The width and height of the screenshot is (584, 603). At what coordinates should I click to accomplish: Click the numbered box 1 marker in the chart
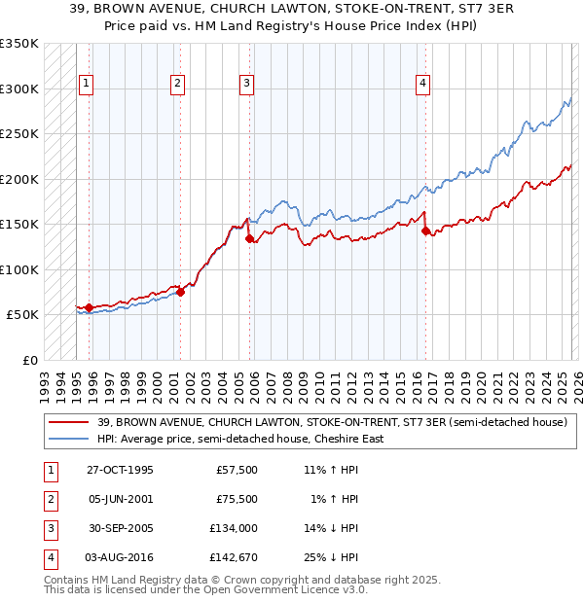pos(87,85)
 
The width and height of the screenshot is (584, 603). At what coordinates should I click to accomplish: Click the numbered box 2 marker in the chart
pos(178,85)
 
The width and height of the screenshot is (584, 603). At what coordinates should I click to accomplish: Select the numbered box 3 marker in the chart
pos(247,85)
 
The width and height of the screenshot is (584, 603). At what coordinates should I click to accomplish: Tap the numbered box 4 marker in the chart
pos(423,85)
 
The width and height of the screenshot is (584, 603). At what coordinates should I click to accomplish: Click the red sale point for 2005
pos(250,238)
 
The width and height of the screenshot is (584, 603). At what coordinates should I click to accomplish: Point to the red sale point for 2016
pos(425,231)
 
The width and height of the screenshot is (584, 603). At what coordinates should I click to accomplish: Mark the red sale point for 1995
pos(90,307)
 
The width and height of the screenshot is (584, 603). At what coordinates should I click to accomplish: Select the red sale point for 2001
pos(180,291)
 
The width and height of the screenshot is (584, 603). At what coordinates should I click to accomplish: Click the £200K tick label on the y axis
pos(19,179)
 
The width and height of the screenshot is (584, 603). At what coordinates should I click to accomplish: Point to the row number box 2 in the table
pos(50,499)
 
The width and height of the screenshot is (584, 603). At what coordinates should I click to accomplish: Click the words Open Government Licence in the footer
pos(278,589)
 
